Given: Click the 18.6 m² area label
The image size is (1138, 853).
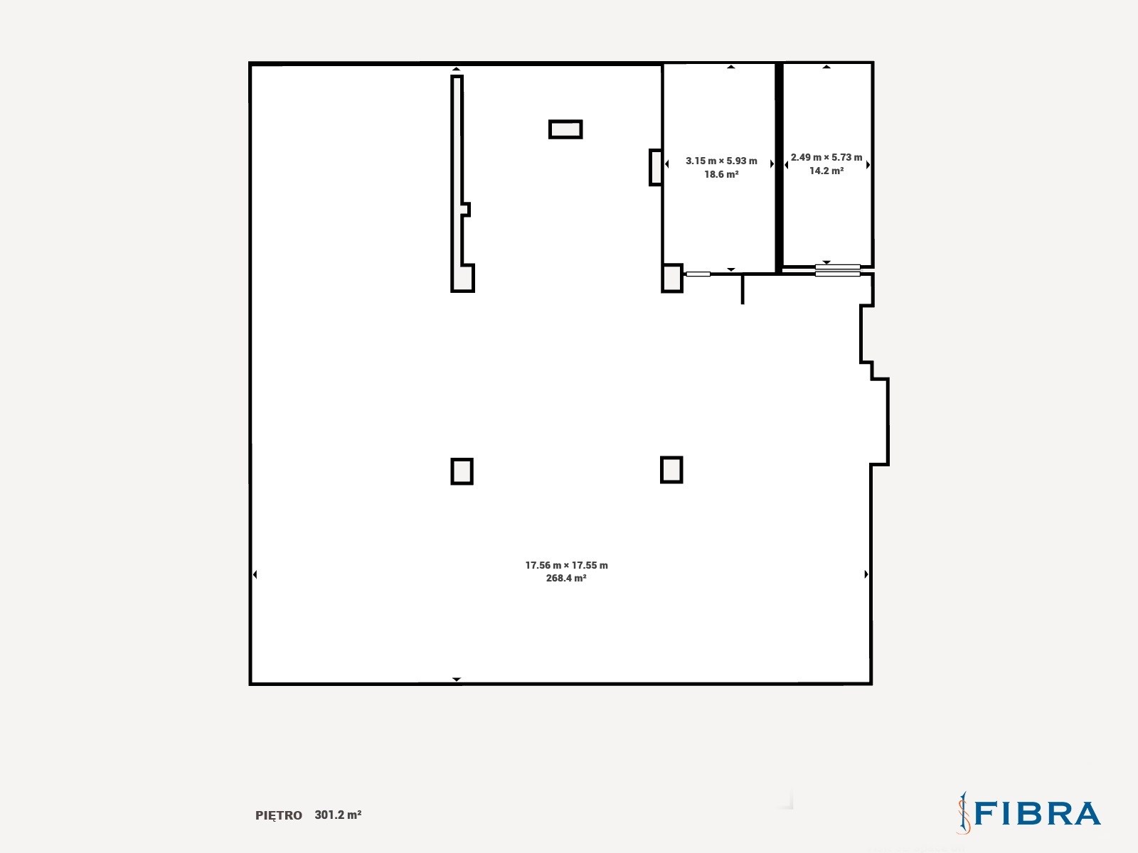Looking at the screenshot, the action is coord(720,175).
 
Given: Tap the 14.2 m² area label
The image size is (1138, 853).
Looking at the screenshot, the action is coord(826,171).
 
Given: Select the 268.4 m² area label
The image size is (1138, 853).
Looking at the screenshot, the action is coord(566,578).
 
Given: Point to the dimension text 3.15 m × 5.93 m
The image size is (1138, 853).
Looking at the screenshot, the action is coord(721,161).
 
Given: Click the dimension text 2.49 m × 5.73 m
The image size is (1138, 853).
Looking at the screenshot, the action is coord(826,157).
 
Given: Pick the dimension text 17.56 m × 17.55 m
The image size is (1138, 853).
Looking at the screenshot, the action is coord(566,565).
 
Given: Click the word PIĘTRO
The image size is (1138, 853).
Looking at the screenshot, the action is coord(278,815).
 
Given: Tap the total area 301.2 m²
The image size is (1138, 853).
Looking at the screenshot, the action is coord(338,815).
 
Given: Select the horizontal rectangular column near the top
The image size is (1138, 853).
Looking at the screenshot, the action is coord(565,129).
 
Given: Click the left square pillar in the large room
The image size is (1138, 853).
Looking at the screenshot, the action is coord(462,471).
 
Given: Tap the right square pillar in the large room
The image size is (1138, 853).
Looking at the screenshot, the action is coord(671,470).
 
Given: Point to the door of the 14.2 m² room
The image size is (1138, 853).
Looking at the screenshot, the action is coord(837,270).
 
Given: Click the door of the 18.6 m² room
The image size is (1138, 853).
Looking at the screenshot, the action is coord(698,274).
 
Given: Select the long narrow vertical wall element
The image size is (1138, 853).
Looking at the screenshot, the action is coord(457,184).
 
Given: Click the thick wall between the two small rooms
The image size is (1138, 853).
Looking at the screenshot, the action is coord(779,167).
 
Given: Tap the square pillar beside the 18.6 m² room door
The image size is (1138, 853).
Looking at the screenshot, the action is coord(672,278).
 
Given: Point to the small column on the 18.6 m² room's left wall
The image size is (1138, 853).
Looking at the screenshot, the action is coord(655,167).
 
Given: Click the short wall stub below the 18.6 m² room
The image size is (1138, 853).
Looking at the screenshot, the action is coord(743,289).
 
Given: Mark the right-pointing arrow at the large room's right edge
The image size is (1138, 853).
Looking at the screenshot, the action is coord(866,574).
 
